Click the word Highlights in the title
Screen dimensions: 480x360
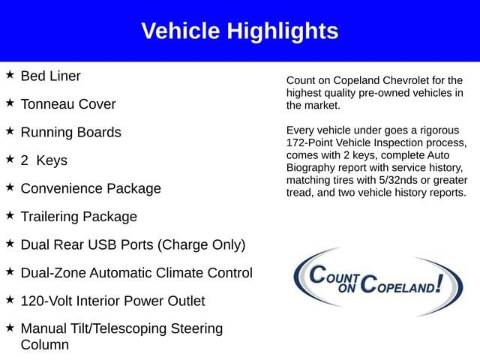click(x=283, y=31)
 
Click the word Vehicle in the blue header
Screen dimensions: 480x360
click(x=181, y=31)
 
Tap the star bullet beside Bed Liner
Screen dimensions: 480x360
click(x=10, y=74)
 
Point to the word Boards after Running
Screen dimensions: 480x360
click(x=99, y=132)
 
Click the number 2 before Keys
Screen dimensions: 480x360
click(x=25, y=160)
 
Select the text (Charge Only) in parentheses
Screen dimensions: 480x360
click(x=202, y=245)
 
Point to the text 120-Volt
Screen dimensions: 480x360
click(x=46, y=301)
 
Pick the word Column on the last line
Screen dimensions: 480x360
click(x=45, y=345)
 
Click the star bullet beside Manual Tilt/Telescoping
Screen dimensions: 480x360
click(x=10, y=327)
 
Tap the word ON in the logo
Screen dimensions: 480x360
click(x=347, y=288)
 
